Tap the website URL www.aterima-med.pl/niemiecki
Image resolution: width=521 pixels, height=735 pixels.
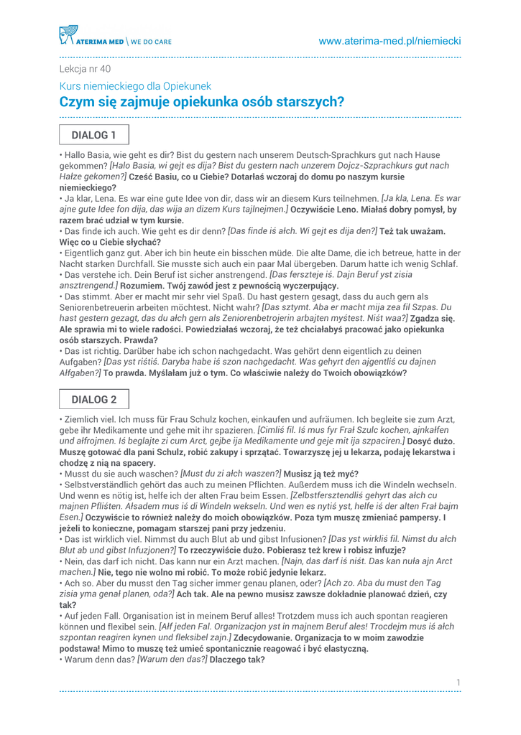coord(389,42)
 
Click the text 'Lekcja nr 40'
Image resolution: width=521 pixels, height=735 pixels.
coord(85,70)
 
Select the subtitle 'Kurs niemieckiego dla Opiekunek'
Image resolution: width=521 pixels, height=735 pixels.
coord(135,86)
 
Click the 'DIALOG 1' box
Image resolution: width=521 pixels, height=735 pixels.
coord(93,135)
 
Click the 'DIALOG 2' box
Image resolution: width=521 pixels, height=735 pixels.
coord(93,399)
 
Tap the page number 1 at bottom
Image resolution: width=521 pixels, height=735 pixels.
coord(458,682)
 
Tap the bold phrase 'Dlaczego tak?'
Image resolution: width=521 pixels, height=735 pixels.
coord(237,660)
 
